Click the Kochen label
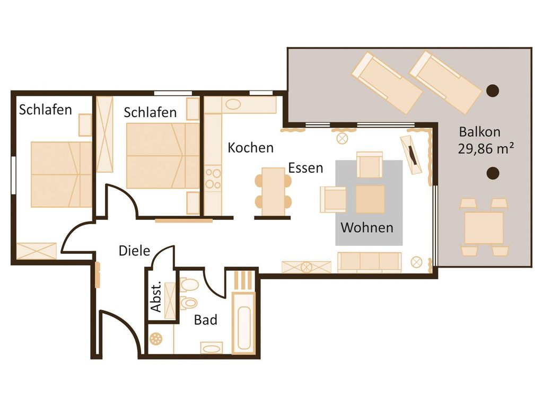point(250,148)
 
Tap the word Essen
point(305,168)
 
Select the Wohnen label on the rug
point(367,228)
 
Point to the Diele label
point(134,251)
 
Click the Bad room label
point(206,320)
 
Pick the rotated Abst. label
point(156,297)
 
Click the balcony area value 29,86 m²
point(486,149)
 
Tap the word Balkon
point(479,132)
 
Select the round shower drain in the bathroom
point(156,339)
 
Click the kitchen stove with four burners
point(213,178)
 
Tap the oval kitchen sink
point(233,104)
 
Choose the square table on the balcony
point(484,228)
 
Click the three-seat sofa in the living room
point(370,262)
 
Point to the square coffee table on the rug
point(370,199)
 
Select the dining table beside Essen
point(273,192)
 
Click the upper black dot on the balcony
point(493,91)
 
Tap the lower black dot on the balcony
point(493,173)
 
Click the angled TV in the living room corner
point(411,155)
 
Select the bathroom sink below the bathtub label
point(212,348)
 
